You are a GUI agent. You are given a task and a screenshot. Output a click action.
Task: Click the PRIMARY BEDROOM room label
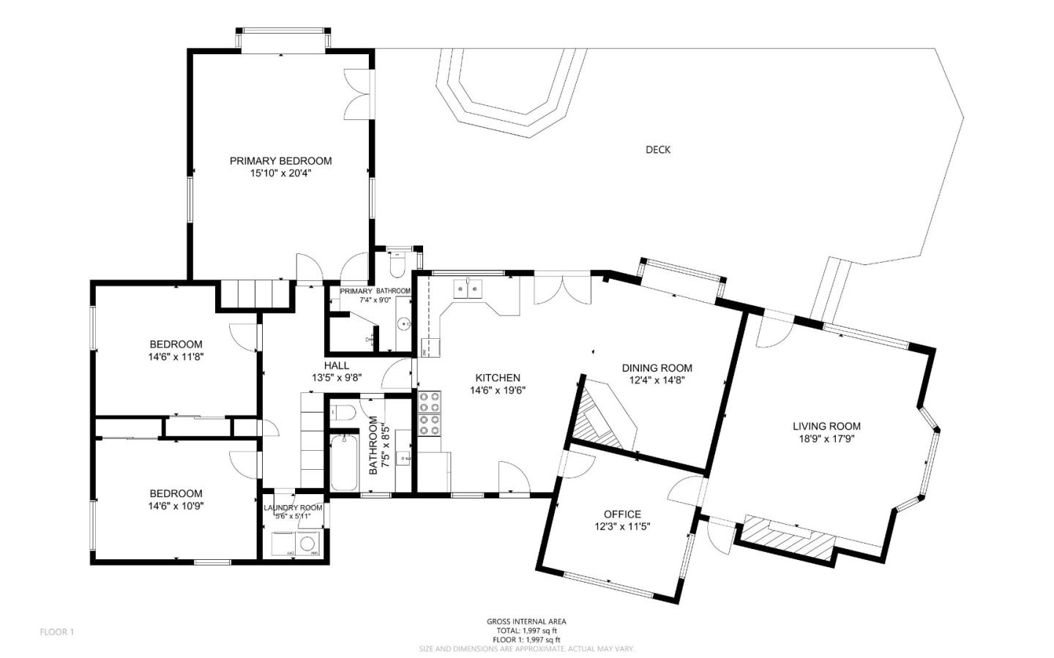[x=280, y=161]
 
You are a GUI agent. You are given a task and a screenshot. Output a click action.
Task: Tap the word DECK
[x=657, y=150]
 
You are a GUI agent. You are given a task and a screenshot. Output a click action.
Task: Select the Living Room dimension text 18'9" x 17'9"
[x=826, y=439]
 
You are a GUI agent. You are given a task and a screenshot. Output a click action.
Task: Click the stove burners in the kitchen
[x=430, y=414]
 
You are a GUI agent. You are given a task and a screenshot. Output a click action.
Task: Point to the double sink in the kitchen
[x=468, y=290]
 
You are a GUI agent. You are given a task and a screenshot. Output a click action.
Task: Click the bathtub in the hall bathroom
[x=343, y=463]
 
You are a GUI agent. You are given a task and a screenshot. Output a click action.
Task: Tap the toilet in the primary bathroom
[x=397, y=264]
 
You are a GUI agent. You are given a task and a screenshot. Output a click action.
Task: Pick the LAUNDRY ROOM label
[x=293, y=508]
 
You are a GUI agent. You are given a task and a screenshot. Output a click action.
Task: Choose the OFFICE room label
[x=622, y=515]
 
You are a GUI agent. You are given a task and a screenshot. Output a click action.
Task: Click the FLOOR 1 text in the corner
[x=57, y=632]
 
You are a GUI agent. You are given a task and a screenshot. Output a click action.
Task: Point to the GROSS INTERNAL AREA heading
[x=526, y=621]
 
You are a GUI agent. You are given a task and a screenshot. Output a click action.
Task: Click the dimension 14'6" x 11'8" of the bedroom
[x=176, y=357]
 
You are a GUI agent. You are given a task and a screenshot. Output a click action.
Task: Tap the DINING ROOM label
[x=657, y=368]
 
